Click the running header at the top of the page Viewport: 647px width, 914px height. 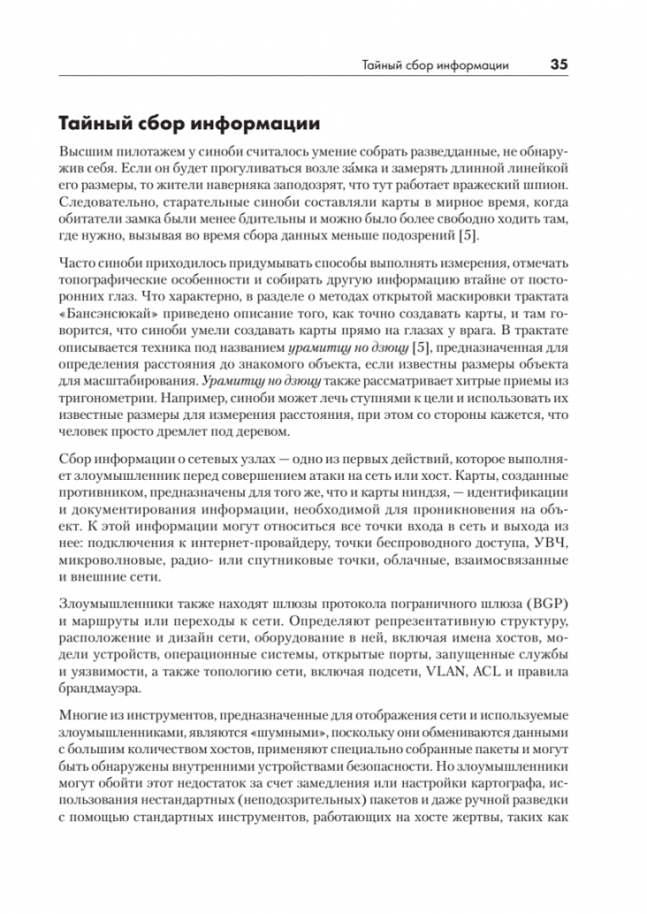[434, 65]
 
